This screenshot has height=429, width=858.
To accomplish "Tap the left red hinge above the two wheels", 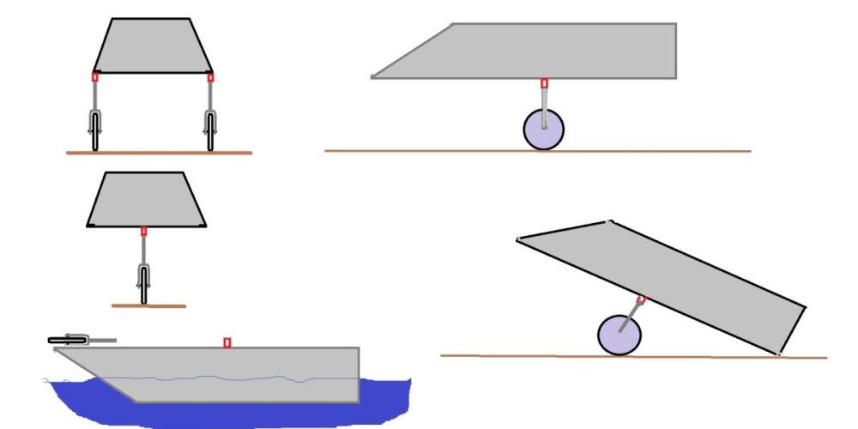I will coord(95,77).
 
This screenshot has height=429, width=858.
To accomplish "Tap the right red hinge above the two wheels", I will coord(210,77).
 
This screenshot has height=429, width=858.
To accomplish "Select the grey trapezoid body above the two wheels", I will coord(153,47).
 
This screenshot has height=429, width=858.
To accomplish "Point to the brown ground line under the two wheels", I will coord(159,153).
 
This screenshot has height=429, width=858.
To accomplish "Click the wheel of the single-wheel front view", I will coord(143,284).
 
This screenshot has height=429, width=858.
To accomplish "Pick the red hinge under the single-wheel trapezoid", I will coord(143,231).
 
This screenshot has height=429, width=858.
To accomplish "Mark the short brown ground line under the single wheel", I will coord(148,305).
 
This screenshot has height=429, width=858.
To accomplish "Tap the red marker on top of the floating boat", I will coord(227,342).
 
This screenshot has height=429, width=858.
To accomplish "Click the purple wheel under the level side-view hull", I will coord(543,130).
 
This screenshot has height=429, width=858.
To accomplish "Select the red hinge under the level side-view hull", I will coord(544,83).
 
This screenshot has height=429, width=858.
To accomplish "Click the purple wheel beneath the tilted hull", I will coord(618,335).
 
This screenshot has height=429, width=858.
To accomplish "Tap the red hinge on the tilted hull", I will coord(641,299).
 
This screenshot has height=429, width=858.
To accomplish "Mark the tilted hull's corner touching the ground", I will coord(778,353).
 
